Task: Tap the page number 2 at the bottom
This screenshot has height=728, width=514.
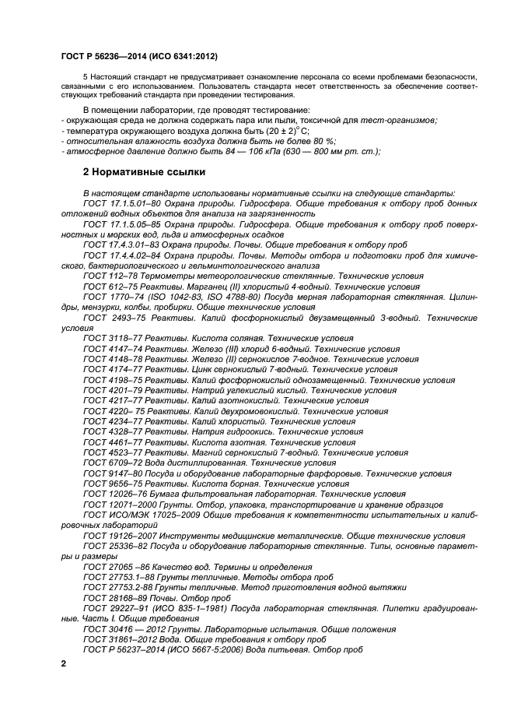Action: tap(64, 662)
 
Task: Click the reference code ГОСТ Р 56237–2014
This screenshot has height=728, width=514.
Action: tap(118, 649)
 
